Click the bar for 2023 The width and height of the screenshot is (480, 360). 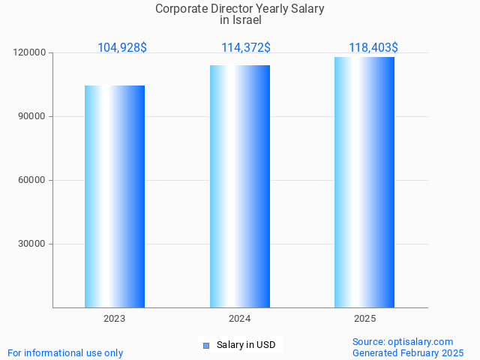click(x=115, y=196)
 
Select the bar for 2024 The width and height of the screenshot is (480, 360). click(x=240, y=186)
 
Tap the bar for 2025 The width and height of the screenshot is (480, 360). click(x=364, y=182)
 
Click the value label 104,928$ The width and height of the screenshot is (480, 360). click(x=122, y=47)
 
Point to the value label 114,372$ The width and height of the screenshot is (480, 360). click(x=246, y=47)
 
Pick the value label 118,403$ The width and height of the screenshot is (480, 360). click(x=373, y=47)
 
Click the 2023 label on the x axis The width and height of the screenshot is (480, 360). click(x=115, y=319)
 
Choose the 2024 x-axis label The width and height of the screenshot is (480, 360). click(x=240, y=319)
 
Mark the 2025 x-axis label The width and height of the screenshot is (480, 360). click(x=365, y=319)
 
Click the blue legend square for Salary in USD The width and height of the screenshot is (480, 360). click(x=206, y=345)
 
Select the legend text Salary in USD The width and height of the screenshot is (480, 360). click(x=246, y=345)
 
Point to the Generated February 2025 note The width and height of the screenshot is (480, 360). click(x=408, y=352)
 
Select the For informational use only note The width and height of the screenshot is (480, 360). click(x=65, y=352)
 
